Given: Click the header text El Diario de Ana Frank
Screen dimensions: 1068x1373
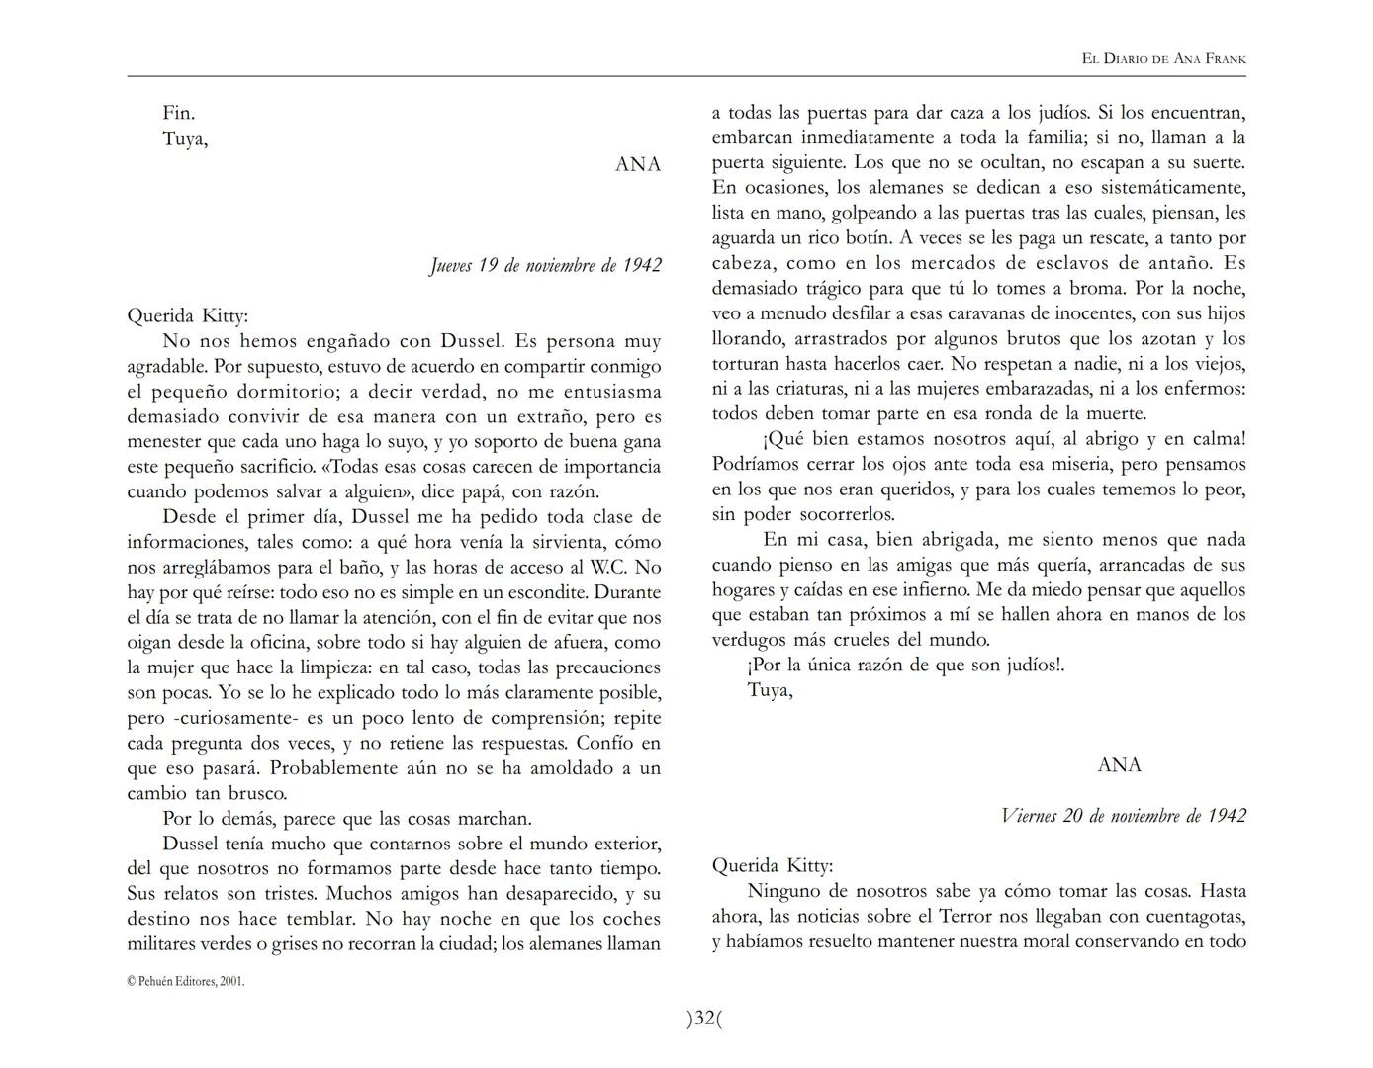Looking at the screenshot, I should click(1163, 59).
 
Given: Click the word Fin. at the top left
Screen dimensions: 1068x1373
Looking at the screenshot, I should click(179, 114).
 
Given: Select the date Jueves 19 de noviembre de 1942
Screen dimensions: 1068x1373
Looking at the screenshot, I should click(545, 265).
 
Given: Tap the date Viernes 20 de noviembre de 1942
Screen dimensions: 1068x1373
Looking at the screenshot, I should click(1123, 816).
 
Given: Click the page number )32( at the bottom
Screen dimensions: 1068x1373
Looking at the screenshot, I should click(704, 1018).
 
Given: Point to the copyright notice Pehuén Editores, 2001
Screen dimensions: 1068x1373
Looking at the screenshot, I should click(186, 981).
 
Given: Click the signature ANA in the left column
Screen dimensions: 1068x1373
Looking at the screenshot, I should click(638, 165).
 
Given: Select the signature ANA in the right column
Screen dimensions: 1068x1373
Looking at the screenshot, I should click(1119, 765).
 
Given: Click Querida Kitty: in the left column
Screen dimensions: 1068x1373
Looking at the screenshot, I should click(188, 316).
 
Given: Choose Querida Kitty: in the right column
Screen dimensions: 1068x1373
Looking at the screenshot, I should click(773, 866).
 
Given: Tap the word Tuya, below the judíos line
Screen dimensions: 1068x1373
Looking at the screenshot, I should click(770, 690).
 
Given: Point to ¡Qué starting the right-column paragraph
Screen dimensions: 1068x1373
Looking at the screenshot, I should click(784, 439).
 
